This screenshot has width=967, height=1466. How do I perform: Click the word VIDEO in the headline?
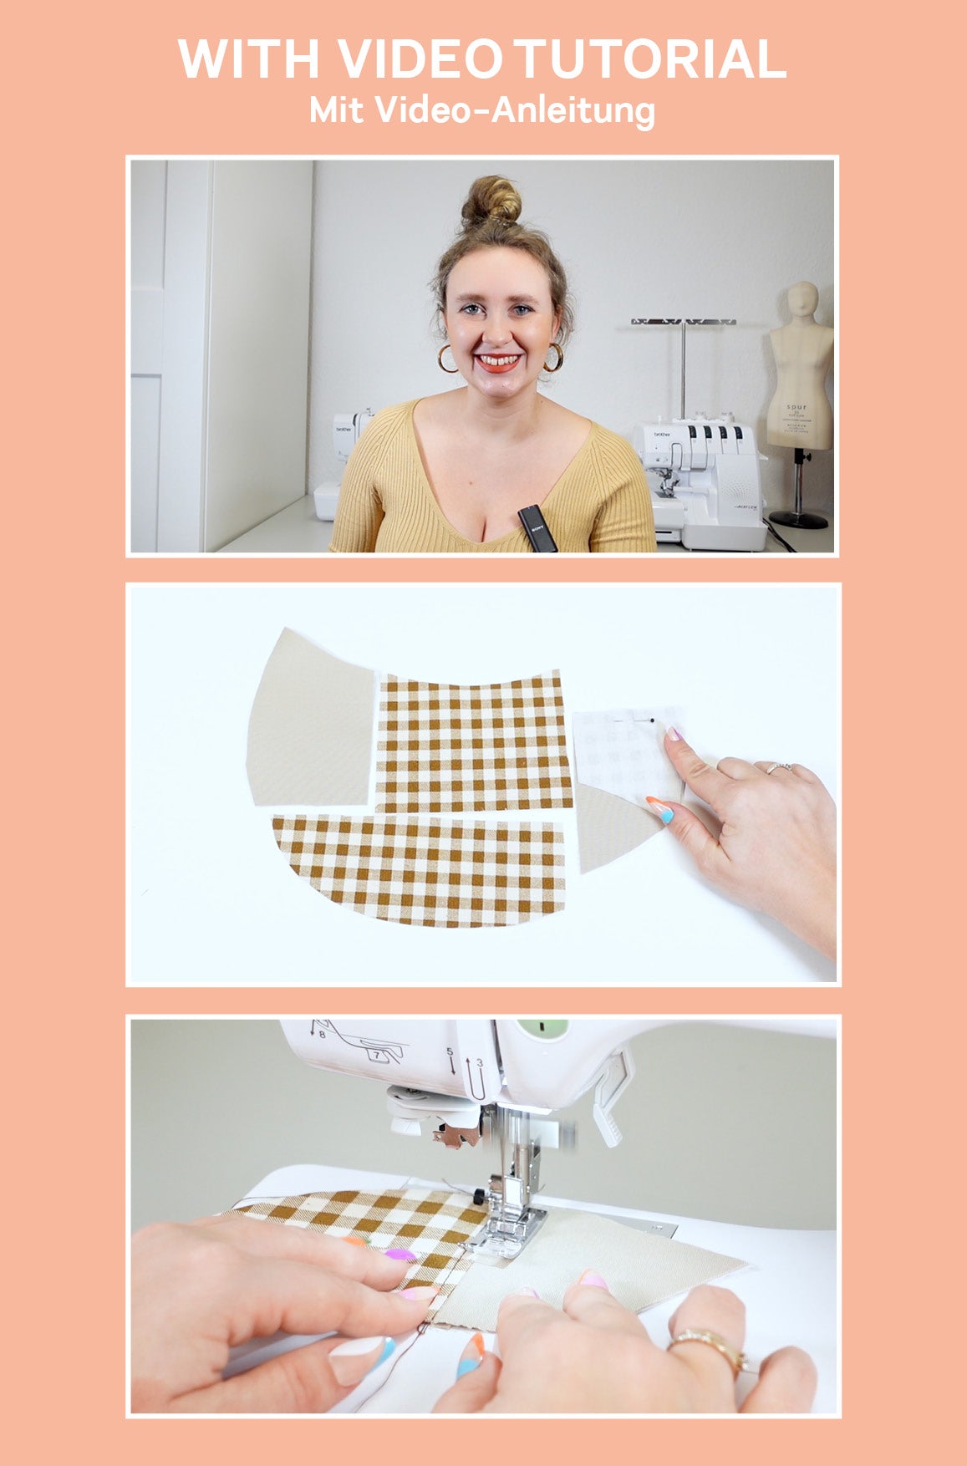(420, 59)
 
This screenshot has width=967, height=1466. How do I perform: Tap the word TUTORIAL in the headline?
(650, 59)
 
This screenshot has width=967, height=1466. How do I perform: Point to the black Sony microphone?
(537, 528)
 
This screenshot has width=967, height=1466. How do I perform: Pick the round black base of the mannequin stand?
(797, 519)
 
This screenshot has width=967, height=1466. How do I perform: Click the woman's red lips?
(498, 363)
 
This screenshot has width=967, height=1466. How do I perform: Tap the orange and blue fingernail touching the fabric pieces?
(660, 809)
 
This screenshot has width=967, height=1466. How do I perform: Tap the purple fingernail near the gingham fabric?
(400, 1255)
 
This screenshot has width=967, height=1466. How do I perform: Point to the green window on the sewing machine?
(542, 1027)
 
